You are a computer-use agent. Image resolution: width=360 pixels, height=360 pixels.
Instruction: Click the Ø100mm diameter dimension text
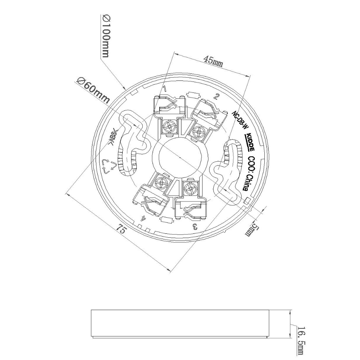coord(105,36)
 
